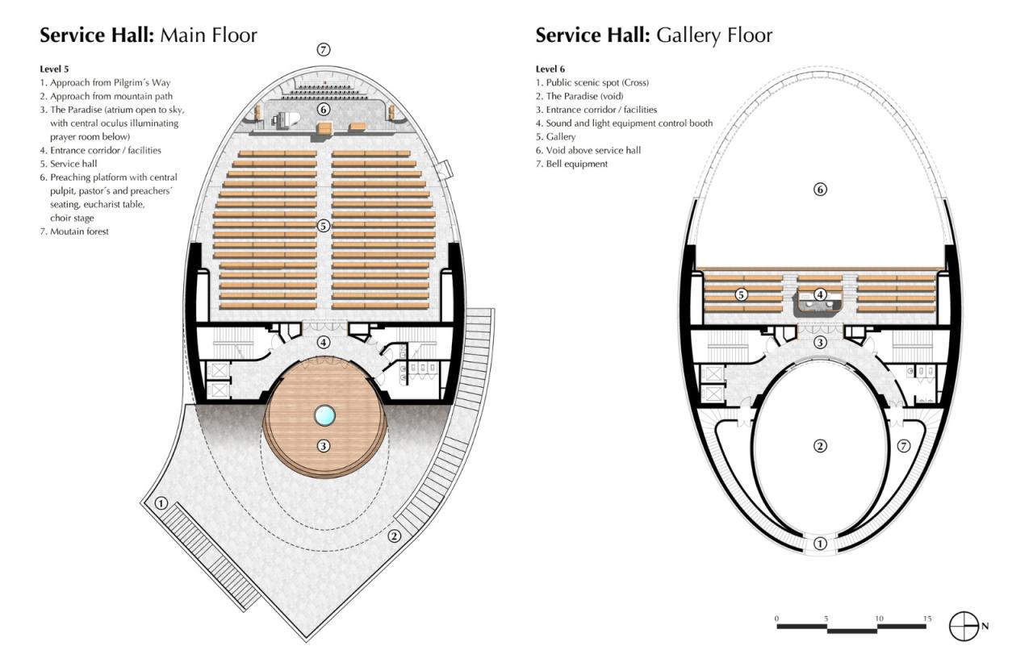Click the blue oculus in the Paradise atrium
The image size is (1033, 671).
(324, 415)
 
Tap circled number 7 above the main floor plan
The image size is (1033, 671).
(324, 50)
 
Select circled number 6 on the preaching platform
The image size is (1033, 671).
(324, 109)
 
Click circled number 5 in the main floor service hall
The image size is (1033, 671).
(324, 226)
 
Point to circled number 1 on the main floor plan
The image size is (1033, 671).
(161, 503)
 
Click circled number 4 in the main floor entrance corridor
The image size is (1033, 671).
(324, 342)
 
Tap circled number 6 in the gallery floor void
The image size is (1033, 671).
(820, 190)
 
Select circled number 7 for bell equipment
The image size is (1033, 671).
(904, 446)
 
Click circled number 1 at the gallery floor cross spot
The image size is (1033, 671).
(820, 544)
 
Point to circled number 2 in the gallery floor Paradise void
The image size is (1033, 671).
(820, 446)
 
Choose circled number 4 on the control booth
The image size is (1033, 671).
(820, 295)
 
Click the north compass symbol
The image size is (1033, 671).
(964, 626)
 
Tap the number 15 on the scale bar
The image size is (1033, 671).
(927, 619)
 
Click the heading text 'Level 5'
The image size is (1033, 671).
(56, 69)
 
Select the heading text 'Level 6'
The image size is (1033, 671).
(551, 69)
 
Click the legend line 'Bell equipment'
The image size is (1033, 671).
(576, 164)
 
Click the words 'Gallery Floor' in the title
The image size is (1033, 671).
(714, 35)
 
